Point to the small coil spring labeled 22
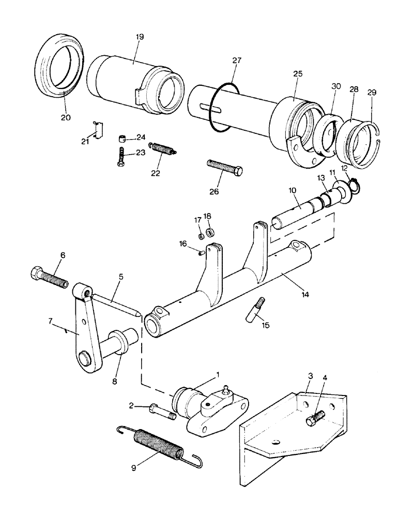163,148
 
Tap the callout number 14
305,294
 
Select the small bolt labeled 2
160,410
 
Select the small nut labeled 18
211,231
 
